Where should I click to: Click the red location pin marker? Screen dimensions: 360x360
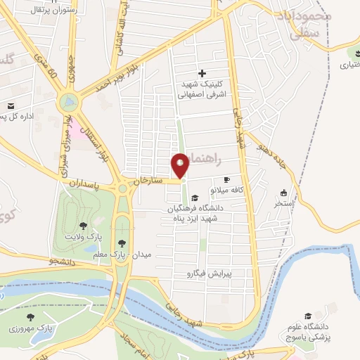[181, 165]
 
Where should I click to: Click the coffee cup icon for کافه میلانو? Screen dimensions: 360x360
[226, 179]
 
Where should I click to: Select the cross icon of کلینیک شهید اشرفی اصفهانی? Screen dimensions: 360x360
[202, 73]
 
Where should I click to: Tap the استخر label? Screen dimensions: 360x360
[284, 203]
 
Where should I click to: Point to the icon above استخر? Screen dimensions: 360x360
[283, 193]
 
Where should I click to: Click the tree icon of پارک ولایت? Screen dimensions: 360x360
[84, 226]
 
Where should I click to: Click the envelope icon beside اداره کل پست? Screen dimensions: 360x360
[12, 106]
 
